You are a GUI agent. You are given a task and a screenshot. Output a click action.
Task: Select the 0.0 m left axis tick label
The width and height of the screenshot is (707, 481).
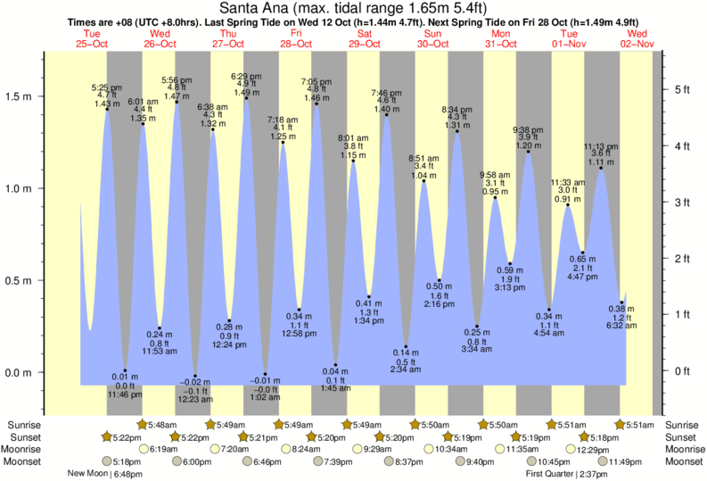coord(19,372)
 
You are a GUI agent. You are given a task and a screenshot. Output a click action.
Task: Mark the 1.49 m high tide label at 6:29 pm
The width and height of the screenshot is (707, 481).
coord(246,93)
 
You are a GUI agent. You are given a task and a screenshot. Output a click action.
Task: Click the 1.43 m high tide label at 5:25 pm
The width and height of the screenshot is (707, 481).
coord(107,104)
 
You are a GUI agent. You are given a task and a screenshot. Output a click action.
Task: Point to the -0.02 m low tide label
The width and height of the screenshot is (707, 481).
coord(195,381)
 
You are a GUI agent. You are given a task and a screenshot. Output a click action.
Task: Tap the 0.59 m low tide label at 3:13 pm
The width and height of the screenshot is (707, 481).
coord(510,270)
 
